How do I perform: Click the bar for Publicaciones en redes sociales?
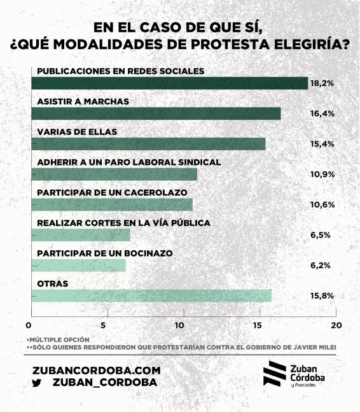pos(169,83)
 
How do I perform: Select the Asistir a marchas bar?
pos(156,113)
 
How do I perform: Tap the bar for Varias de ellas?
pos(148,144)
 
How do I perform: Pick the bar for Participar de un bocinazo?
pos(78,266)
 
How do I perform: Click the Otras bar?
pos(151,296)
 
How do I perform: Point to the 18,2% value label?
pos(322,83)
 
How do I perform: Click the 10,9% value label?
pos(322,174)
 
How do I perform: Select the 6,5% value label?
pos(320,235)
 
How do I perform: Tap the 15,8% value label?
pos(322,296)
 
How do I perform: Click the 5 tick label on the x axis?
pos(103,325)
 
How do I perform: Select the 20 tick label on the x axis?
pos(336,325)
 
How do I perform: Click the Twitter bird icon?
pos(37,383)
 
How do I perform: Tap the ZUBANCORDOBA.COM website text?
pos(97,371)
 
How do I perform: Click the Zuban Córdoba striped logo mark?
pos(275,373)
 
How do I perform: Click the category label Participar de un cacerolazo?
pos(112,192)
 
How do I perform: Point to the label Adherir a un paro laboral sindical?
pos(129,162)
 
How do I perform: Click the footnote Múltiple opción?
pos(59,340)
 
